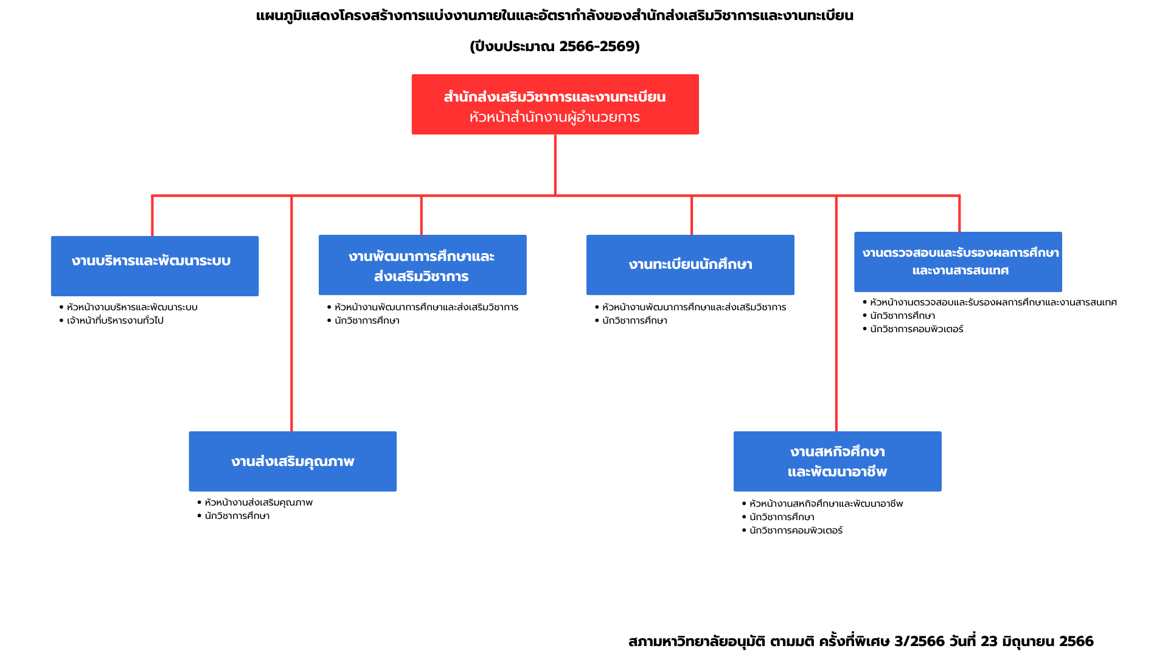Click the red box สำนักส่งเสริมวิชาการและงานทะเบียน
pyautogui.click(x=555, y=104)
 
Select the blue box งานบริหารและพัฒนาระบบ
pyautogui.click(x=155, y=266)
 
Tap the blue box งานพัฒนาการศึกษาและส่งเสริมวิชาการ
pyautogui.click(x=422, y=265)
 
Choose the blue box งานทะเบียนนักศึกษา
pyautogui.click(x=690, y=265)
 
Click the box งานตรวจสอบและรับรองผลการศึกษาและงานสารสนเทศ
pyautogui.click(x=958, y=262)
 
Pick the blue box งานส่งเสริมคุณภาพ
pyautogui.click(x=293, y=461)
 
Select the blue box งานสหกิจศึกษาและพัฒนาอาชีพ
pyautogui.click(x=837, y=461)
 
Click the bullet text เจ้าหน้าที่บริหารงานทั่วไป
pyautogui.click(x=115, y=321)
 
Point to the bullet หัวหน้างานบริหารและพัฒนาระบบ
pyautogui.click(x=132, y=307)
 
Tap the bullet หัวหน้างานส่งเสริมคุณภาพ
pyautogui.click(x=259, y=502)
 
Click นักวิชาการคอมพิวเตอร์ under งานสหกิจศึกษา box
pyautogui.click(x=796, y=530)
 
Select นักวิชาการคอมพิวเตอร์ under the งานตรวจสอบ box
pyautogui.click(x=916, y=329)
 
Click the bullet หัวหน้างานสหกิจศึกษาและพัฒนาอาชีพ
pyautogui.click(x=826, y=504)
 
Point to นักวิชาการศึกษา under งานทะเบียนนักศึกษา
pyautogui.click(x=634, y=321)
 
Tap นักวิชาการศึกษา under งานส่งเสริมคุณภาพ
pyautogui.click(x=237, y=516)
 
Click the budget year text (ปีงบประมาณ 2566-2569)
pyautogui.click(x=555, y=46)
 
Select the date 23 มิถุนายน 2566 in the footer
pyautogui.click(x=1037, y=641)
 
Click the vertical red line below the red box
pyautogui.click(x=555, y=165)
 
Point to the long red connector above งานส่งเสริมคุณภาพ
pyautogui.click(x=291, y=313)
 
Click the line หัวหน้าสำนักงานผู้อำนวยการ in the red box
pyautogui.click(x=555, y=117)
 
